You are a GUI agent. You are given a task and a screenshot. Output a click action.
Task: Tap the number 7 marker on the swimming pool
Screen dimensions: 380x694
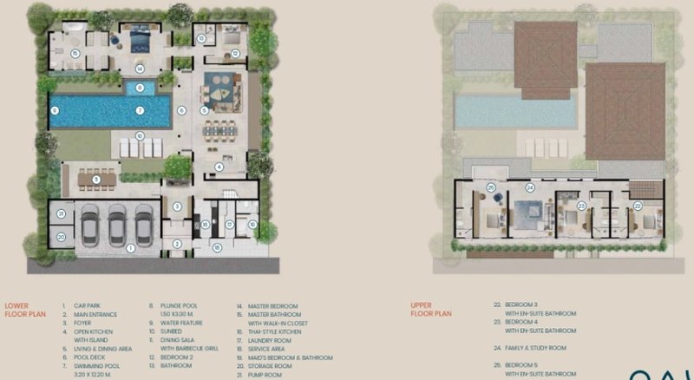139,111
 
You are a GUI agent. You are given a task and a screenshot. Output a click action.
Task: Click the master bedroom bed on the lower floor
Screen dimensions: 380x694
141,41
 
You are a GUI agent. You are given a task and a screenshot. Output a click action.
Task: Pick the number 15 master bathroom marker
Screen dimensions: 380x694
75,53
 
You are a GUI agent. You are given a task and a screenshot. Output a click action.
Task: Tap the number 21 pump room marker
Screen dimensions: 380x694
62,213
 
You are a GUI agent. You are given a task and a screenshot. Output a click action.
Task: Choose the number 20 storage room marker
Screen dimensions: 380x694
62,235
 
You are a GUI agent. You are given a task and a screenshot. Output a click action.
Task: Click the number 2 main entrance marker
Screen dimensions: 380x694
176,244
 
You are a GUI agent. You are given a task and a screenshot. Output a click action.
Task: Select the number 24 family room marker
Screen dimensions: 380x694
528,187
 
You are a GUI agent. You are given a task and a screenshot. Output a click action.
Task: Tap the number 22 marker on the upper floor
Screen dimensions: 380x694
637,206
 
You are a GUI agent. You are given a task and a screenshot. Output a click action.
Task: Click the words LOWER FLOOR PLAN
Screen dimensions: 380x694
21,310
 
